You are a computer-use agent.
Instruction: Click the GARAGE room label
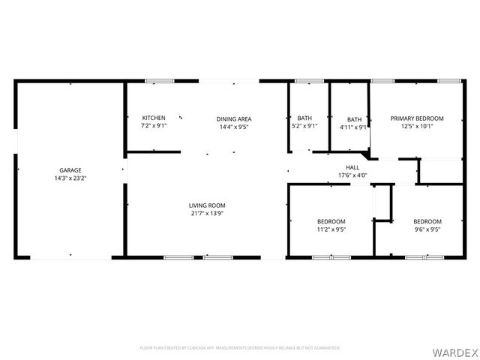pyautogui.click(x=70, y=170)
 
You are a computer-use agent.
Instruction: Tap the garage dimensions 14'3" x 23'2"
pyautogui.click(x=70, y=179)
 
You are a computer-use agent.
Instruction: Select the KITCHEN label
pyautogui.click(x=154, y=118)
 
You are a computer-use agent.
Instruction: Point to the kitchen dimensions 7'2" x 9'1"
pyautogui.click(x=154, y=127)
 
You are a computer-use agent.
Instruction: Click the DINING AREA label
pyautogui.click(x=234, y=119)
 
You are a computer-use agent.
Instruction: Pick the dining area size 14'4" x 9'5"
pyautogui.click(x=234, y=127)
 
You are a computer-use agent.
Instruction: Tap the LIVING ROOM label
pyautogui.click(x=206, y=205)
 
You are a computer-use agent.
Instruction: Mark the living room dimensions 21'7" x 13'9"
pyautogui.click(x=206, y=214)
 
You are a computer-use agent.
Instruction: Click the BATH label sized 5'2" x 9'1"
pyautogui.click(x=304, y=118)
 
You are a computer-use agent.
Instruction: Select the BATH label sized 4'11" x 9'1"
pyautogui.click(x=354, y=119)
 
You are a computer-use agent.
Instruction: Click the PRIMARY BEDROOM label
pyautogui.click(x=417, y=118)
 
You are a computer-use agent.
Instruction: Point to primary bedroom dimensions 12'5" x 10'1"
pyautogui.click(x=417, y=127)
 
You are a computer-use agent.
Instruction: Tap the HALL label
pyautogui.click(x=352, y=168)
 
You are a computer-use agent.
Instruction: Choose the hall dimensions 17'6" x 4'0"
pyautogui.click(x=352, y=176)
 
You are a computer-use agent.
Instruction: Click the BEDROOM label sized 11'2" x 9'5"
pyautogui.click(x=331, y=221)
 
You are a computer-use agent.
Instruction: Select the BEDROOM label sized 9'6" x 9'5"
pyautogui.click(x=427, y=221)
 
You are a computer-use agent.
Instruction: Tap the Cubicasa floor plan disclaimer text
pyautogui.click(x=240, y=348)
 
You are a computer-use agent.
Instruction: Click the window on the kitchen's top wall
pyautogui.click(x=159, y=81)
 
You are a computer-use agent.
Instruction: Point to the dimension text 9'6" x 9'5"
pyautogui.click(x=427, y=230)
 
